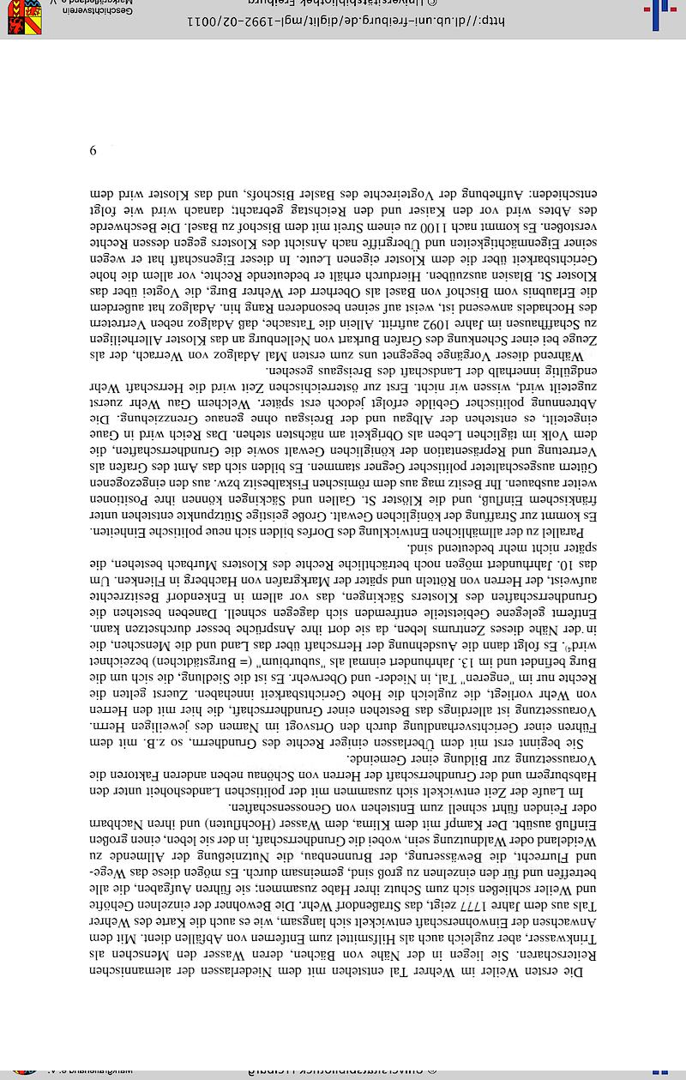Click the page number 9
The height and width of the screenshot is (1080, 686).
click(x=93, y=151)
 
